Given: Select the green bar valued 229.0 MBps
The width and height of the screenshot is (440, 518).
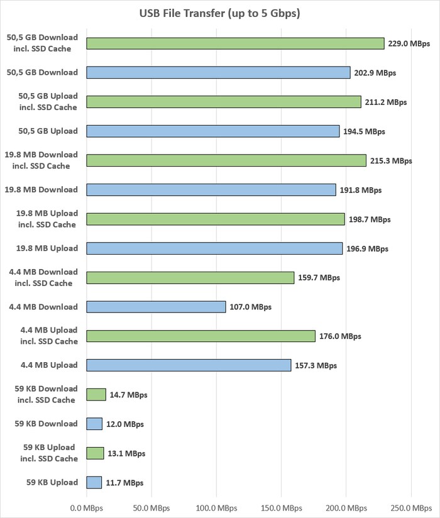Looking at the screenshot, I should [x=235, y=43].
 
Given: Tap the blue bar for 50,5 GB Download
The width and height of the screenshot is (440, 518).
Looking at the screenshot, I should [x=218, y=73].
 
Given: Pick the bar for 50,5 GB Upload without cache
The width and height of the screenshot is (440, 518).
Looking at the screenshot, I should [x=212, y=131].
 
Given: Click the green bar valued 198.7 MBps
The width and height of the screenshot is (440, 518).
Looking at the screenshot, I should [x=216, y=219].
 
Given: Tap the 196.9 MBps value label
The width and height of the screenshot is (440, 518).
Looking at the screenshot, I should [x=368, y=249].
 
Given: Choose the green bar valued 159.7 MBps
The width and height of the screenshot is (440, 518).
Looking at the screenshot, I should [x=190, y=278].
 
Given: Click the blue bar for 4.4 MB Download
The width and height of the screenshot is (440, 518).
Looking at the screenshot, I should [x=156, y=307].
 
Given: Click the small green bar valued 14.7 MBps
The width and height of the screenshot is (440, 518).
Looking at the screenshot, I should [x=96, y=395].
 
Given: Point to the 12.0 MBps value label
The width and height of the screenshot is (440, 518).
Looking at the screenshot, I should [x=124, y=424].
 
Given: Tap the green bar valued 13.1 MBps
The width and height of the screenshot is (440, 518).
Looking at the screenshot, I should [x=95, y=453].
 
